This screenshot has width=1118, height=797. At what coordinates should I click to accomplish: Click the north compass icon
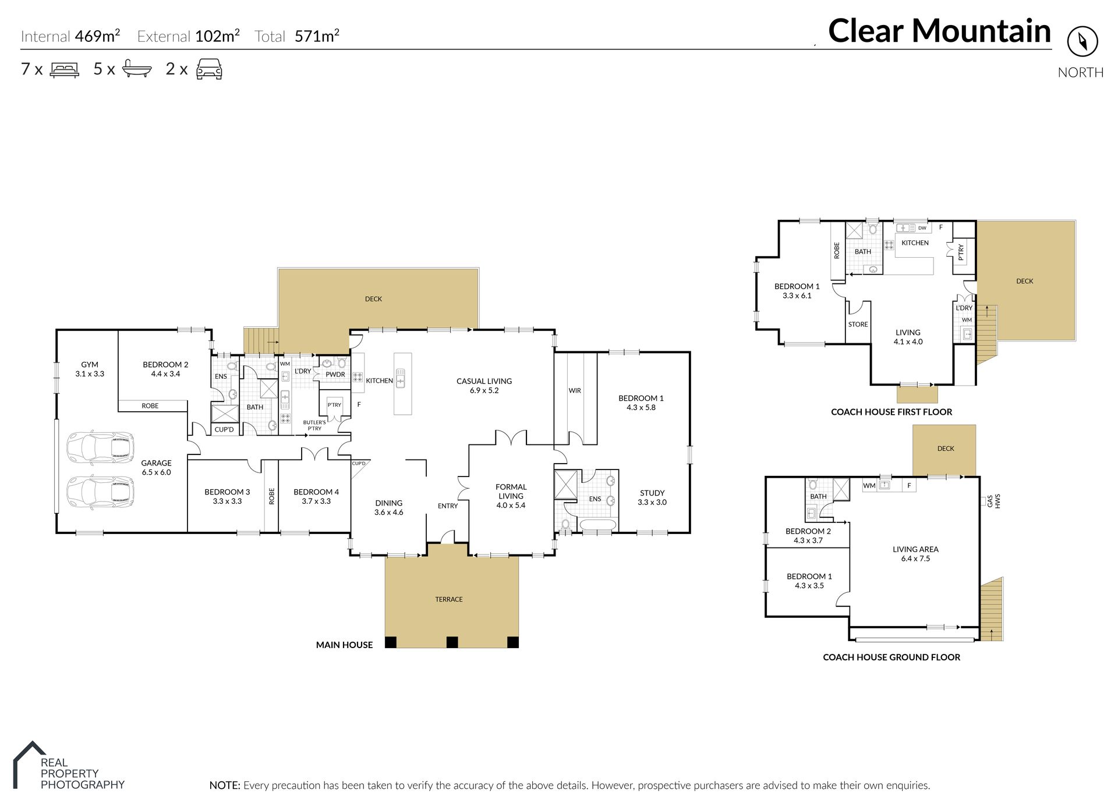tap(1082, 41)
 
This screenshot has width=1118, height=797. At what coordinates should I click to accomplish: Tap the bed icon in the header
tap(65, 70)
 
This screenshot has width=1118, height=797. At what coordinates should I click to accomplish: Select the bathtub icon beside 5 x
tap(137, 69)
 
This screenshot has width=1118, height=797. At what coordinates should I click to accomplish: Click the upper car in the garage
tap(101, 448)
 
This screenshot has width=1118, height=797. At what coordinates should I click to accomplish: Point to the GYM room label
tap(90, 365)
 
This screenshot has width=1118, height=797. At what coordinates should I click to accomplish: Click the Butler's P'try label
tap(314, 425)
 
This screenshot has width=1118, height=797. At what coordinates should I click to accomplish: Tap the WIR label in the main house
tap(575, 390)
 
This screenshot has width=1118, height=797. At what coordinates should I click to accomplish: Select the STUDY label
tap(652, 493)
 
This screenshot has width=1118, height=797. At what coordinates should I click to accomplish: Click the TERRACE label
tap(449, 599)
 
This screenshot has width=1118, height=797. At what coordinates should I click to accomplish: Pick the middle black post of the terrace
tap(452, 642)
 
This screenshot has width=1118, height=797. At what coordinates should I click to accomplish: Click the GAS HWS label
tap(993, 501)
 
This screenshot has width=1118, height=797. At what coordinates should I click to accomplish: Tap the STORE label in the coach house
tap(858, 325)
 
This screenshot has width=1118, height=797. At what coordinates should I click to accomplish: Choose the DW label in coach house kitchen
tap(922, 228)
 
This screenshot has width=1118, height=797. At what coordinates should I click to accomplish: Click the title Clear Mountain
tap(939, 31)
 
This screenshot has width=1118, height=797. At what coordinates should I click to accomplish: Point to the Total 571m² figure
tap(297, 36)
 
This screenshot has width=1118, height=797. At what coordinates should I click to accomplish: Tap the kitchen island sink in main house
tap(401, 378)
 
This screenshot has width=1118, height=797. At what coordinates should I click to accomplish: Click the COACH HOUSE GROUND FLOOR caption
tap(891, 657)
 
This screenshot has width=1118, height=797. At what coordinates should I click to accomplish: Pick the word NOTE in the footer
tap(224, 785)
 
